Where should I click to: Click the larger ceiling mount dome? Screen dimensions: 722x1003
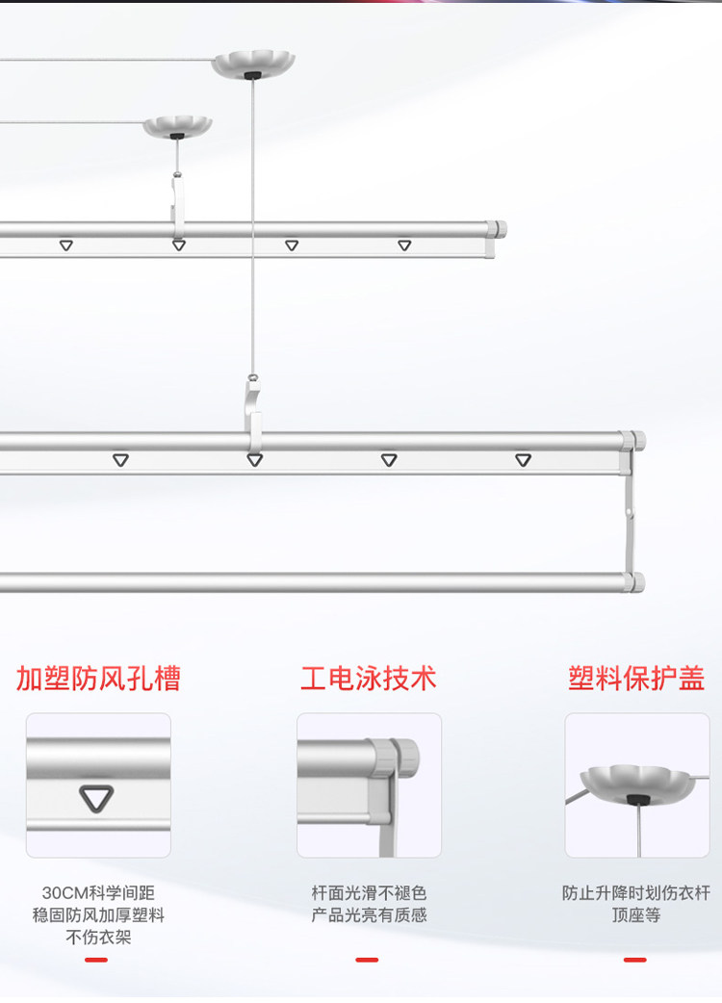[253, 64]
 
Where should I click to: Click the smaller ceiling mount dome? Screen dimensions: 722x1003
[177, 126]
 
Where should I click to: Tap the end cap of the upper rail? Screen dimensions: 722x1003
[497, 229]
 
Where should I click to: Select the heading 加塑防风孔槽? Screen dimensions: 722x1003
[98, 678]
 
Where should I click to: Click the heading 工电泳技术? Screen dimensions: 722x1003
[369, 678]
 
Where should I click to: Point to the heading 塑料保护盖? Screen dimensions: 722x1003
[636, 678]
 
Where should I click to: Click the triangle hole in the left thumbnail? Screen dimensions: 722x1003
[96, 798]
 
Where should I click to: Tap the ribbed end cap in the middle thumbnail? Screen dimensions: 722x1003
[403, 758]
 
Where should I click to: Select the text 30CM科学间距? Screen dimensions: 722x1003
[98, 893]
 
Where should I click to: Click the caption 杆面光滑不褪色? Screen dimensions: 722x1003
[369, 893]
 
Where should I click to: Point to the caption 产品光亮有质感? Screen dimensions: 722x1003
[369, 915]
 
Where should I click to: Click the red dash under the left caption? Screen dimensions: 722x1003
[96, 960]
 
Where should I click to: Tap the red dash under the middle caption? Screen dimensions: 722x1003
[367, 960]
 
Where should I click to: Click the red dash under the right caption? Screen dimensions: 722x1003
[635, 960]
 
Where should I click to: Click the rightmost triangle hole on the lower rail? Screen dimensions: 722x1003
[523, 460]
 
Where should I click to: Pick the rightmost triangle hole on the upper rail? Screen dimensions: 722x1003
[404, 245]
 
